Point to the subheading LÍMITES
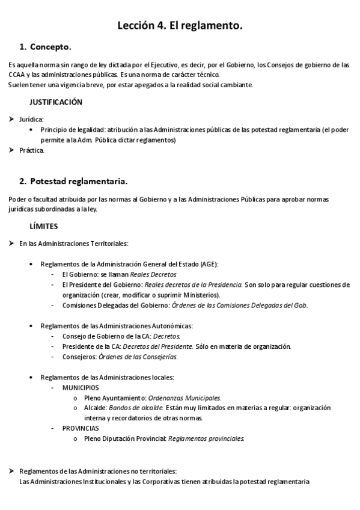pyautogui.click(x=43, y=227)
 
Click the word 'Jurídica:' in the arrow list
pyautogui.click(x=31, y=119)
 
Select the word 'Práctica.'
pyautogui.click(x=32, y=150)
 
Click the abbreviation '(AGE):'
pyautogui.click(x=207, y=264)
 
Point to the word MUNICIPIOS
pyautogui.click(x=81, y=388)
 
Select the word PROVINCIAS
pyautogui.click(x=81, y=428)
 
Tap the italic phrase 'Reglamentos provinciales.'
pyautogui.click(x=206, y=438)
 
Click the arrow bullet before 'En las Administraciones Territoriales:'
pyautogui.click(x=11, y=244)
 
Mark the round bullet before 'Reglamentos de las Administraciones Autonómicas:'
pyautogui.click(x=31, y=326)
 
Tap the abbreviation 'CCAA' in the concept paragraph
pyautogui.click(x=17, y=75)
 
